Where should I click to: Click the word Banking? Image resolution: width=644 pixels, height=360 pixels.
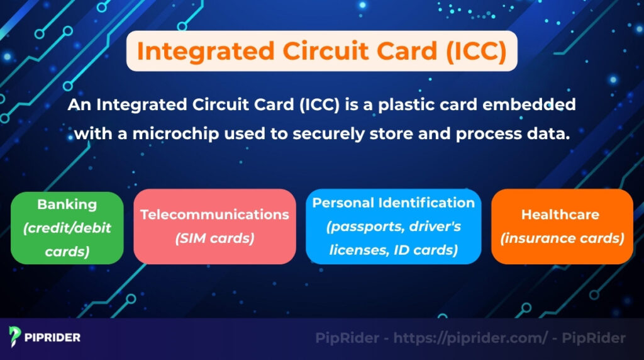point(67,205)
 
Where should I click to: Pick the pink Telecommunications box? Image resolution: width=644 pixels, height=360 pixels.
point(214,227)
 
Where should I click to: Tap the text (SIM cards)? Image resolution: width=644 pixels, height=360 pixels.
point(214,238)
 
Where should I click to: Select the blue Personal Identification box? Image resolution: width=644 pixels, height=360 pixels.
point(394,227)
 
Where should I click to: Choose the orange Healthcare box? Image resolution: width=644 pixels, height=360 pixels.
point(562,227)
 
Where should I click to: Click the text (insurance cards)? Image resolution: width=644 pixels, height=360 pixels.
point(562,239)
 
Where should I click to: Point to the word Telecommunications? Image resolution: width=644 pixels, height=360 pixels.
point(214,215)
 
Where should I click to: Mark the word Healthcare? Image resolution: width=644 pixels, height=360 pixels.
point(560,215)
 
